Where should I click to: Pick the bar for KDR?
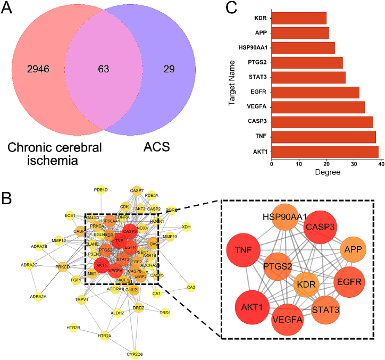[299, 19]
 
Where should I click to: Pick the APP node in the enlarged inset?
[353, 248]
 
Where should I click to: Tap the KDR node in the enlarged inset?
[308, 284]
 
